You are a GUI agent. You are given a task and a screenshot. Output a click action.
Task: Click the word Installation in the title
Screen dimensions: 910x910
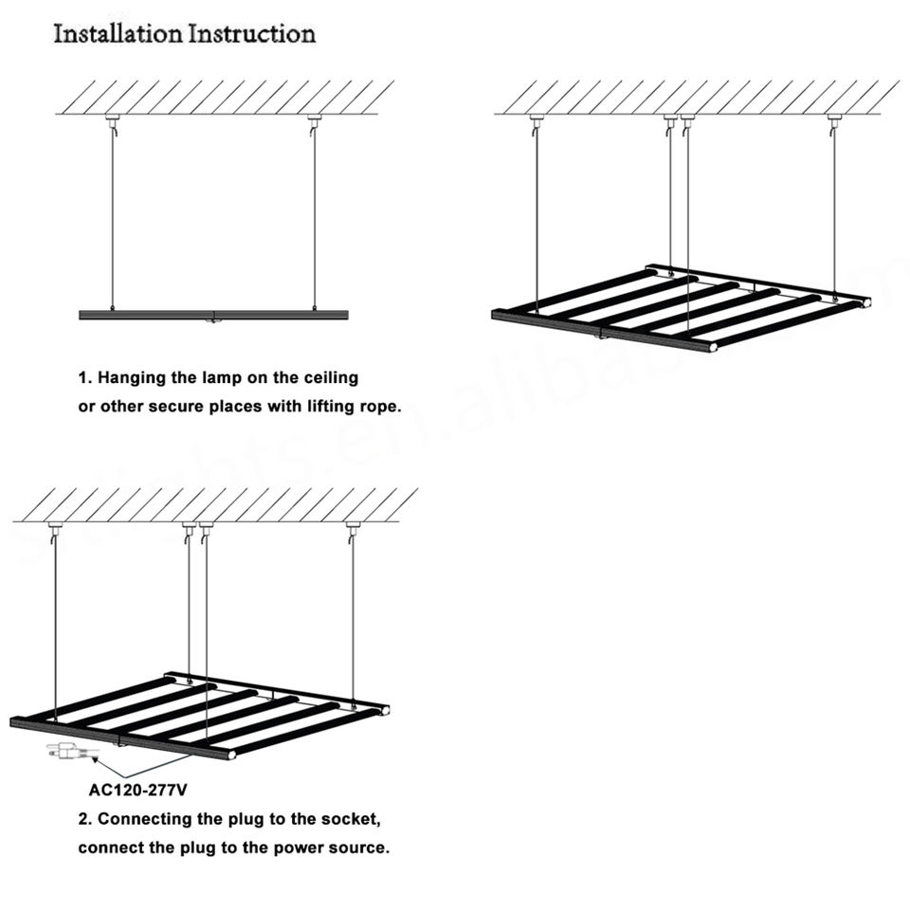[x=118, y=35]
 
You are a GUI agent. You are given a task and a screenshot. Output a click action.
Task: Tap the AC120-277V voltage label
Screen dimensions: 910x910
[x=138, y=789]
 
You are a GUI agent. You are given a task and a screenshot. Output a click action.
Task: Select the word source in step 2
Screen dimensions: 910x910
[x=358, y=847]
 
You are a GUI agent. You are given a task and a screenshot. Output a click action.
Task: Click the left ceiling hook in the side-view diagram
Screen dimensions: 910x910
[x=113, y=122]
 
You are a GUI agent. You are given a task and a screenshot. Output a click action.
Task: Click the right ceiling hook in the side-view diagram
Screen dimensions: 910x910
[x=314, y=122]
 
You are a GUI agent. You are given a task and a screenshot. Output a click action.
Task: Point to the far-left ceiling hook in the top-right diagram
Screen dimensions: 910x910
[x=537, y=122]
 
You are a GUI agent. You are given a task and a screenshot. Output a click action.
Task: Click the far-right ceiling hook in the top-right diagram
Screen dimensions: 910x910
[x=834, y=122]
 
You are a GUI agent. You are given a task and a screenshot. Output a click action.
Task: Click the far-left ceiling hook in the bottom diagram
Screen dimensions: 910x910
[x=55, y=528]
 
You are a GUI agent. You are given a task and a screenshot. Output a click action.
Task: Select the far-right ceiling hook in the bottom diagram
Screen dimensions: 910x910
[x=353, y=528]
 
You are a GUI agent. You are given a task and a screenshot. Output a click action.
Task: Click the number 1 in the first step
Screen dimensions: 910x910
[x=83, y=377]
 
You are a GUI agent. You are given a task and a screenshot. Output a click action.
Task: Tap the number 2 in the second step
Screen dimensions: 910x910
[x=83, y=818]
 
